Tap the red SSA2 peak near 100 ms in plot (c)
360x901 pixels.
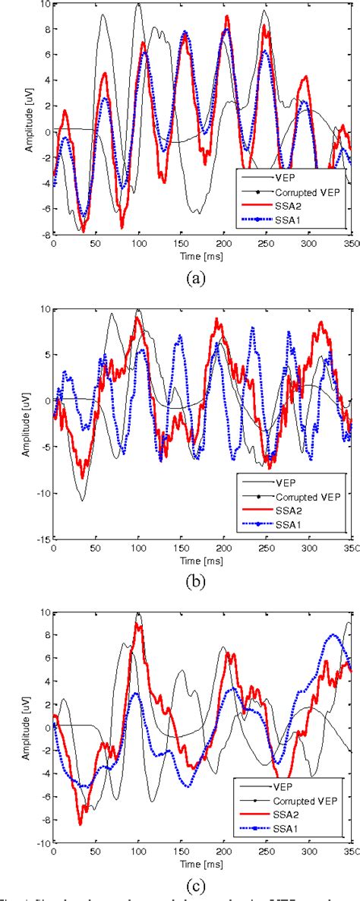(137, 624)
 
